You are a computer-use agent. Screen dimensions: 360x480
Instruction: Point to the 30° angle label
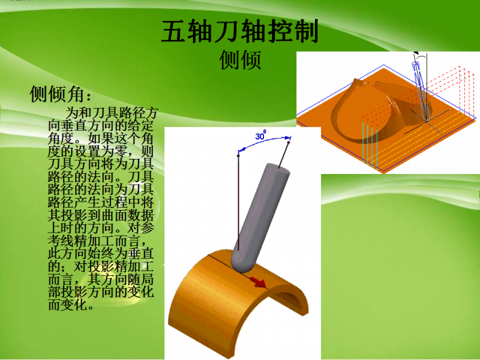click(260, 136)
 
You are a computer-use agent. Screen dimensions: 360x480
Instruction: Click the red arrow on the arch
click(258, 280)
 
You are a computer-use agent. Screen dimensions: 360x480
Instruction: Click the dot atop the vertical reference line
click(239, 155)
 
